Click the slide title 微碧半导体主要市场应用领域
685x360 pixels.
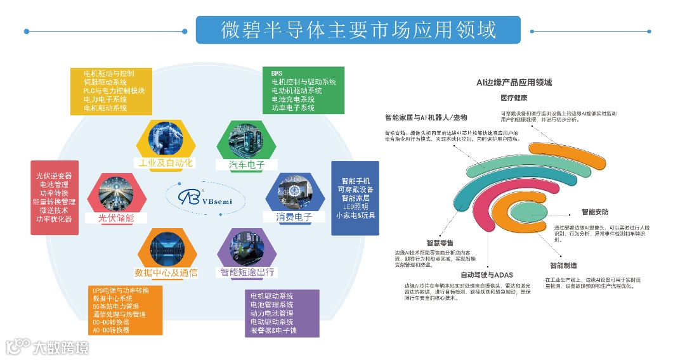pos(358,30)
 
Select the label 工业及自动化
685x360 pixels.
pos(166,163)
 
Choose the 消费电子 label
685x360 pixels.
pos(294,217)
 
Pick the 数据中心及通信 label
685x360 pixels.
pos(166,273)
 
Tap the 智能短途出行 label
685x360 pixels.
pos(247,273)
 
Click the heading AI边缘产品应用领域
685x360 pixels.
pos(514,82)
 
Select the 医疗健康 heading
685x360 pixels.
pos(514,98)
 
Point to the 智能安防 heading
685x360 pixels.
pos(595,212)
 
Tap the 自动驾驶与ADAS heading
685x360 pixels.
pos(486,274)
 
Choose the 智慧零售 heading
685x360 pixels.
pos(440,243)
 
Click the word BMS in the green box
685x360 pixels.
pos(278,74)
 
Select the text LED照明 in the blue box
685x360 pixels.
pos(355,205)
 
